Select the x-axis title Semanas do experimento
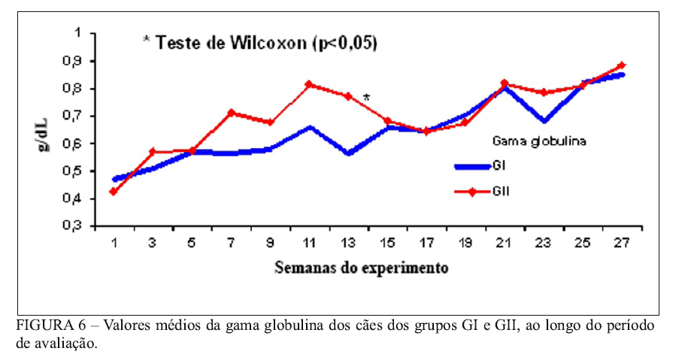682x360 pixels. point(362,267)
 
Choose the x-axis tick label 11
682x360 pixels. point(309,243)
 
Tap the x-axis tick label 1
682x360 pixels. point(114,243)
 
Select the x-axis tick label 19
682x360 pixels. point(465,243)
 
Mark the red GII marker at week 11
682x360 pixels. point(309,85)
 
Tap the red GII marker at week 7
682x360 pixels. point(231,113)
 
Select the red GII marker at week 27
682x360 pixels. point(622,65)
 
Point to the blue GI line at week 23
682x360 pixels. point(544,120)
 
